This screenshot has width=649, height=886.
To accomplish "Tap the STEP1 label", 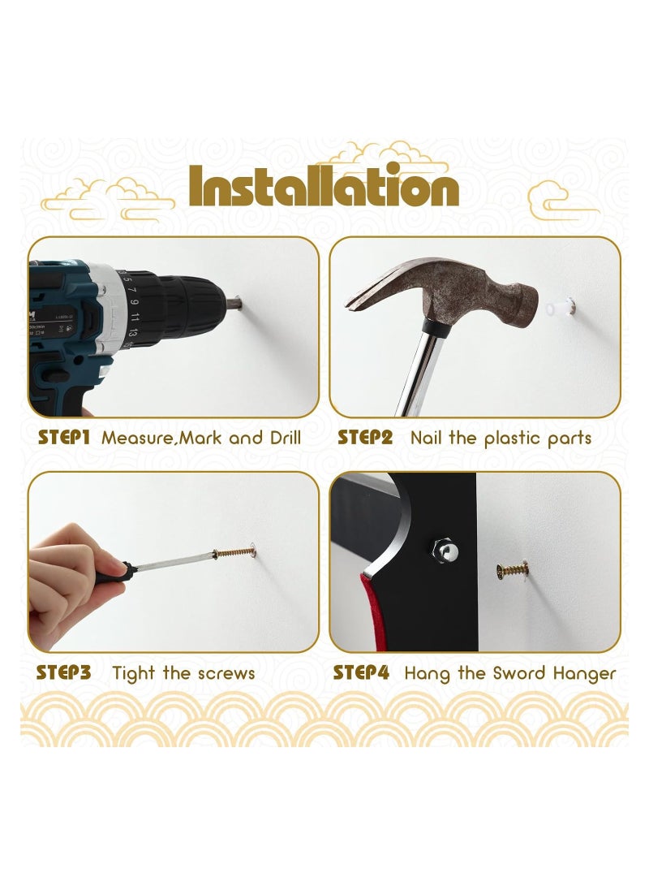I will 63,438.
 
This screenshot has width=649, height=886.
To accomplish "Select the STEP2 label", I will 365,438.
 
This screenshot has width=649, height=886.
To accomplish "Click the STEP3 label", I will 63,673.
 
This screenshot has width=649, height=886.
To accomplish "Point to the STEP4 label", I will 362,673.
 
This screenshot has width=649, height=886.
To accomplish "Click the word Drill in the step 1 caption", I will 280,438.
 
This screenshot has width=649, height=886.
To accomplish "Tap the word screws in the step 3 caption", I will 224,673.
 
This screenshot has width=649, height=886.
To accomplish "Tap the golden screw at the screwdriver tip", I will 234,554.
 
